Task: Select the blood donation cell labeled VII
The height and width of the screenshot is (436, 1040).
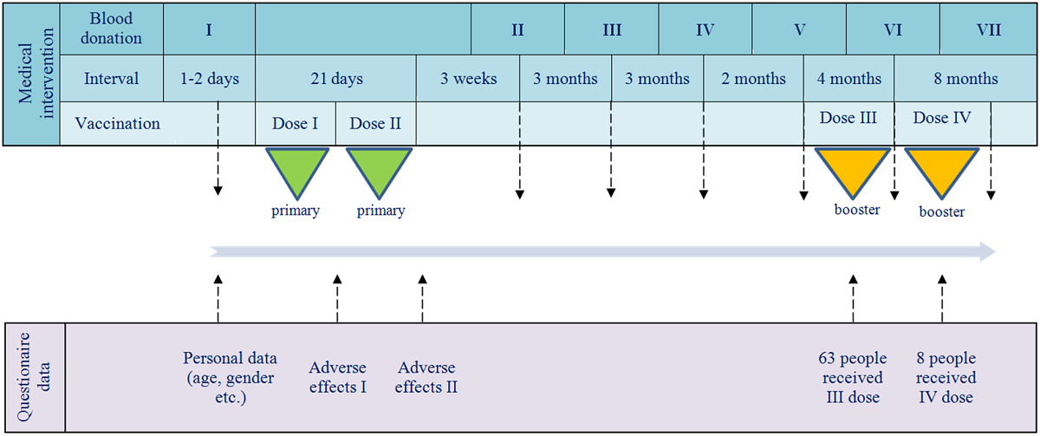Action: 988,29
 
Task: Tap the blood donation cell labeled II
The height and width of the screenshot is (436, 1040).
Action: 517,29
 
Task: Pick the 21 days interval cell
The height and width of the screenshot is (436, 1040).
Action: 335,79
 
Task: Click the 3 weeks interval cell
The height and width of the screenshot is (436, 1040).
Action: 468,79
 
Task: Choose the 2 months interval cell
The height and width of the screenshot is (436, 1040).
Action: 753,79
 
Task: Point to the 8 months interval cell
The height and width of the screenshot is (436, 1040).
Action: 965,79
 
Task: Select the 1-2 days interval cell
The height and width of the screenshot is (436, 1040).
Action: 209,79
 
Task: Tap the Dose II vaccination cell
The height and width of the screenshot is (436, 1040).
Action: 375,123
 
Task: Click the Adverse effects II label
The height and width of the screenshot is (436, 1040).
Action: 426,377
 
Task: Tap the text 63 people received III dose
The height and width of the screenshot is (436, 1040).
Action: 851,378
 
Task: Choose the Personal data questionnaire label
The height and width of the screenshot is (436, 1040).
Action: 230,378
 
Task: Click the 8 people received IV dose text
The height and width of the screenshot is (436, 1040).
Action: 946,378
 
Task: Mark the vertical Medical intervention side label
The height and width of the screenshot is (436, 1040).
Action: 32,74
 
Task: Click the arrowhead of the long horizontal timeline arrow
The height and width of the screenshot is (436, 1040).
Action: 985,252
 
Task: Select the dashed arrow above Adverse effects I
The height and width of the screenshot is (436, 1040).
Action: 337,297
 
